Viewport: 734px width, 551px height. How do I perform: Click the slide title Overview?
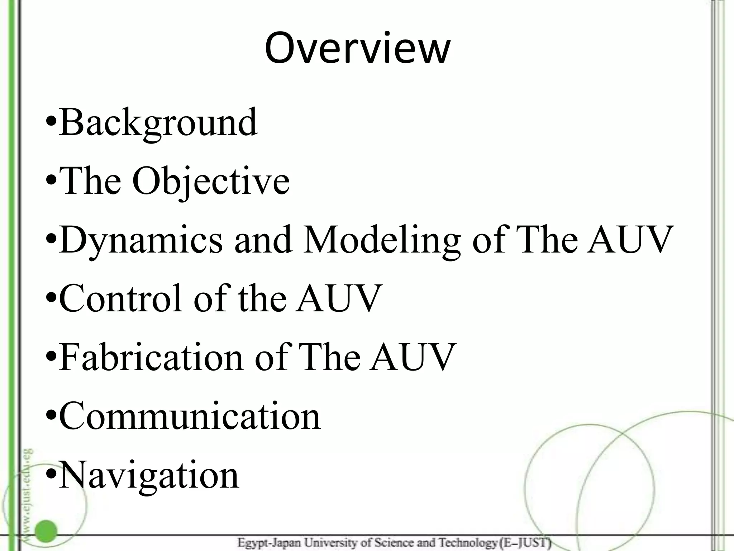click(x=357, y=48)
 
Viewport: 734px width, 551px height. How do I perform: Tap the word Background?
click(x=158, y=123)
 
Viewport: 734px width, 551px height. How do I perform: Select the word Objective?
click(x=211, y=182)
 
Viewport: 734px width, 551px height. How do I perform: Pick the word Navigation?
click(x=149, y=475)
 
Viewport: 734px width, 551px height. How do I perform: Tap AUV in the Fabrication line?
click(x=413, y=357)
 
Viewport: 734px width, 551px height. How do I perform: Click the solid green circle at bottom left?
click(x=46, y=531)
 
